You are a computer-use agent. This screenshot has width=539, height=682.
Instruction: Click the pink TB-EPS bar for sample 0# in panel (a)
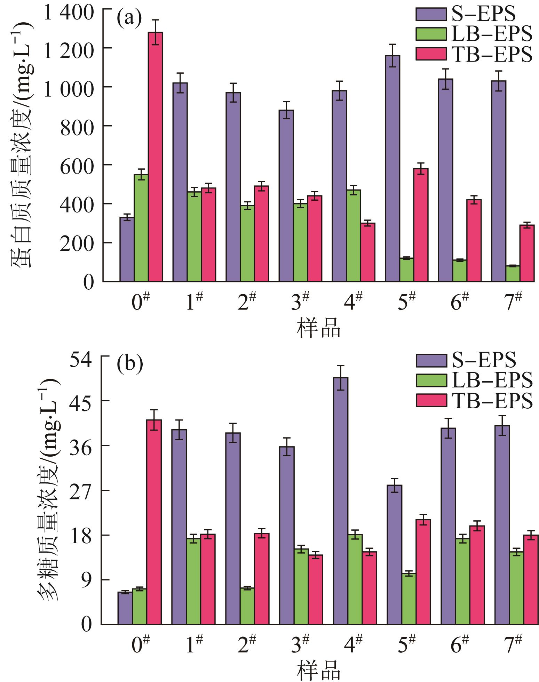coord(155,157)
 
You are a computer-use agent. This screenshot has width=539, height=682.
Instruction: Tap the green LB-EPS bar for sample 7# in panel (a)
coord(513,273)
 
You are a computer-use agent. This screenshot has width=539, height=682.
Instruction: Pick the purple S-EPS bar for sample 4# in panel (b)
coord(340,501)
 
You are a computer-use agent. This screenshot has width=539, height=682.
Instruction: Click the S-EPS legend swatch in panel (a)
coord(431,14)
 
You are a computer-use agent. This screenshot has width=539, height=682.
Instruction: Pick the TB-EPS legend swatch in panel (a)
coord(431,54)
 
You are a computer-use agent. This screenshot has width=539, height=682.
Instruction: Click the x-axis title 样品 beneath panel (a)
coord(318,328)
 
